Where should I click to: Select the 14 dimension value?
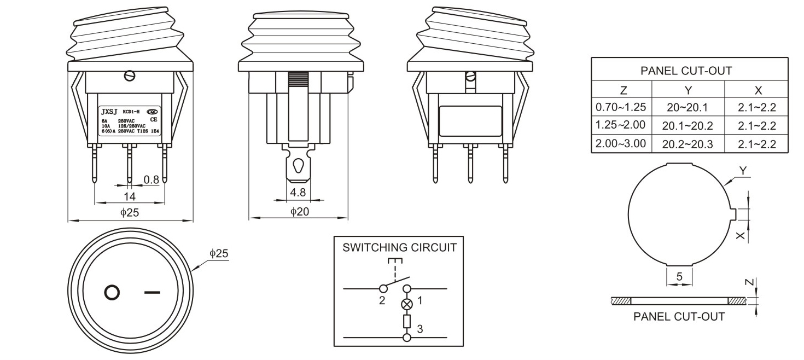point(130,196)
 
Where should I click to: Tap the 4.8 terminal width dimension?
point(298,193)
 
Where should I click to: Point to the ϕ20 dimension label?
point(299,212)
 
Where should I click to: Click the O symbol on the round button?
point(112,293)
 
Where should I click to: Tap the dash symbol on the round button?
point(153,293)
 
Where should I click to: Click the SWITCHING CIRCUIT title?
point(399,247)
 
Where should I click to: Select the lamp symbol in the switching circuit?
point(406,304)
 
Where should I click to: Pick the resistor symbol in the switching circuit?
point(406,321)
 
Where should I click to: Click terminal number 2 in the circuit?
point(382,300)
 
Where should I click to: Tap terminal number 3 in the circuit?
point(420,329)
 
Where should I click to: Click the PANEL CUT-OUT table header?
point(689,71)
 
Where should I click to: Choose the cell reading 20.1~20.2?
point(687,126)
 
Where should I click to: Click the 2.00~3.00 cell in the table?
point(621,143)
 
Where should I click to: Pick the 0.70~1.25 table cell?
point(621,107)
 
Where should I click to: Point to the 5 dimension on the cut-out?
point(679,277)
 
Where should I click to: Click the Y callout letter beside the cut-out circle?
point(742,171)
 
